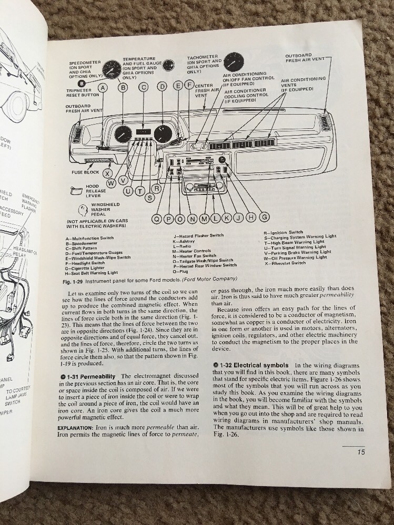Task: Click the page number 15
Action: pos(361,451)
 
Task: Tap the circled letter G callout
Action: pos(265,217)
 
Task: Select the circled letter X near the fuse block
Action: pos(107,173)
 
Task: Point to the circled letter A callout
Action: pos(103,88)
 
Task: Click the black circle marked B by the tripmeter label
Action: pos(82,83)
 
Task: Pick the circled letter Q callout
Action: pos(156,219)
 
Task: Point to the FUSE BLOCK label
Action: pos(85,172)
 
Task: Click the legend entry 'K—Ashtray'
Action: pos(185,241)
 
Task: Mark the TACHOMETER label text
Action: pos(203,57)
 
